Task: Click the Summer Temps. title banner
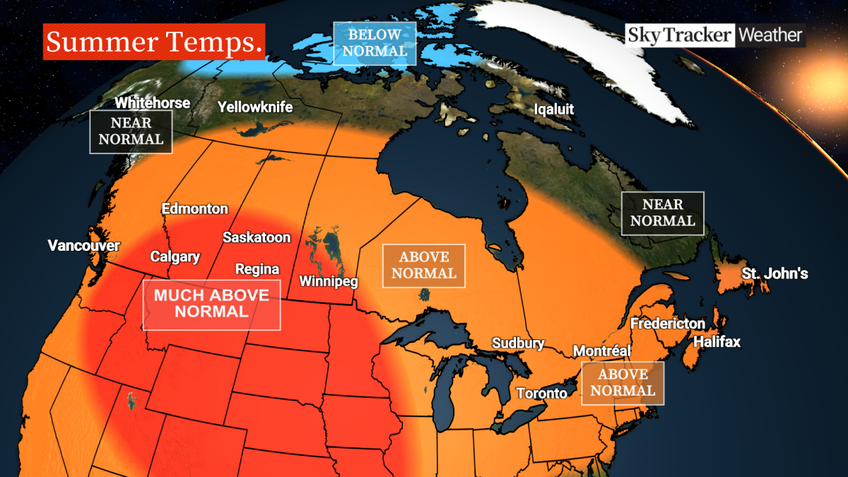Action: tap(154, 42)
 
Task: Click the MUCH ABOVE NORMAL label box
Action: tap(211, 305)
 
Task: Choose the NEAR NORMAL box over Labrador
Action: tap(662, 213)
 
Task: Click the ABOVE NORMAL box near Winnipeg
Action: tap(423, 266)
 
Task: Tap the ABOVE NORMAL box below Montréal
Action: tap(623, 383)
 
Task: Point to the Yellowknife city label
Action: tap(254, 107)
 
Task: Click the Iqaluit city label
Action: tap(553, 110)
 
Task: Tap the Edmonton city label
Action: tap(194, 209)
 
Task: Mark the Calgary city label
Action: tap(175, 257)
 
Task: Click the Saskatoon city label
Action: tap(256, 237)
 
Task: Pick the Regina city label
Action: tap(257, 269)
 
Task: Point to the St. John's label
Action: tap(774, 274)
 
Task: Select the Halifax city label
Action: tap(717, 342)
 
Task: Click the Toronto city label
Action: tap(541, 394)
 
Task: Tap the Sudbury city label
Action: tap(519, 344)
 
